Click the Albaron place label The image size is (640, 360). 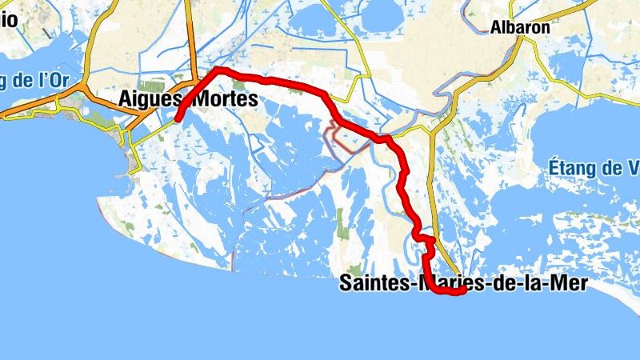(520, 27)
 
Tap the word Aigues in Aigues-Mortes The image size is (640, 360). (149, 99)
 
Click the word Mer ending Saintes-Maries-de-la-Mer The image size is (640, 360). (568, 283)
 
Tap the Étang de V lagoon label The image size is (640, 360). (596, 168)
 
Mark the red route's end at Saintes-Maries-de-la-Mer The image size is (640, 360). (463, 292)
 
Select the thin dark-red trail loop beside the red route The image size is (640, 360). (336, 138)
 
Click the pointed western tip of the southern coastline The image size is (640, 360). (99, 200)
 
